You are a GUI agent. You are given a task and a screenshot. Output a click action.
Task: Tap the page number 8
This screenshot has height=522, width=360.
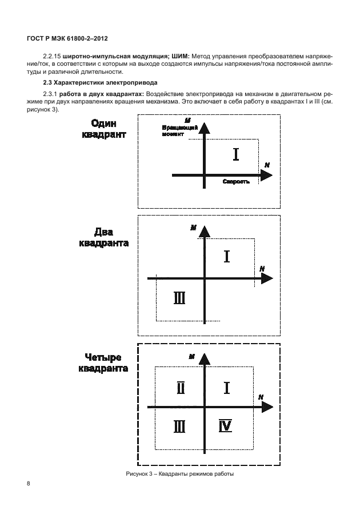[x=29, y=484]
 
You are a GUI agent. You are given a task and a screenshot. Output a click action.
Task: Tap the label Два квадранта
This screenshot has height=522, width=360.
[x=104, y=237]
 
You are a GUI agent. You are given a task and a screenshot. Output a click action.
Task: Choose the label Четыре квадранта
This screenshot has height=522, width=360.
[x=103, y=362]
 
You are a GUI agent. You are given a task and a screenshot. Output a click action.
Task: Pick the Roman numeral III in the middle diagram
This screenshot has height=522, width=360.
[x=179, y=298]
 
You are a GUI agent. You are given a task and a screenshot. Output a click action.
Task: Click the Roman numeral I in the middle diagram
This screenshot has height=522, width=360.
[x=227, y=256]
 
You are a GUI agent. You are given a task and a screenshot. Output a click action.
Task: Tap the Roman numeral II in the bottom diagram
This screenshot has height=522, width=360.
[x=180, y=388]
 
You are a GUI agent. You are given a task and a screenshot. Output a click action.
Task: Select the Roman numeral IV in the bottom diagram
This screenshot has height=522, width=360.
[x=225, y=426]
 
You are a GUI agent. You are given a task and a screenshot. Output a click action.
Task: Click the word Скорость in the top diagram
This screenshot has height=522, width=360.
[x=235, y=181]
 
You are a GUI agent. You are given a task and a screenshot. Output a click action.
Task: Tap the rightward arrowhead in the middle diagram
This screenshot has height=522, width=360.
[x=266, y=278]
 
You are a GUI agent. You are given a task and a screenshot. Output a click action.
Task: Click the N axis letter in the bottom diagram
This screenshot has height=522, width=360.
[x=260, y=396]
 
